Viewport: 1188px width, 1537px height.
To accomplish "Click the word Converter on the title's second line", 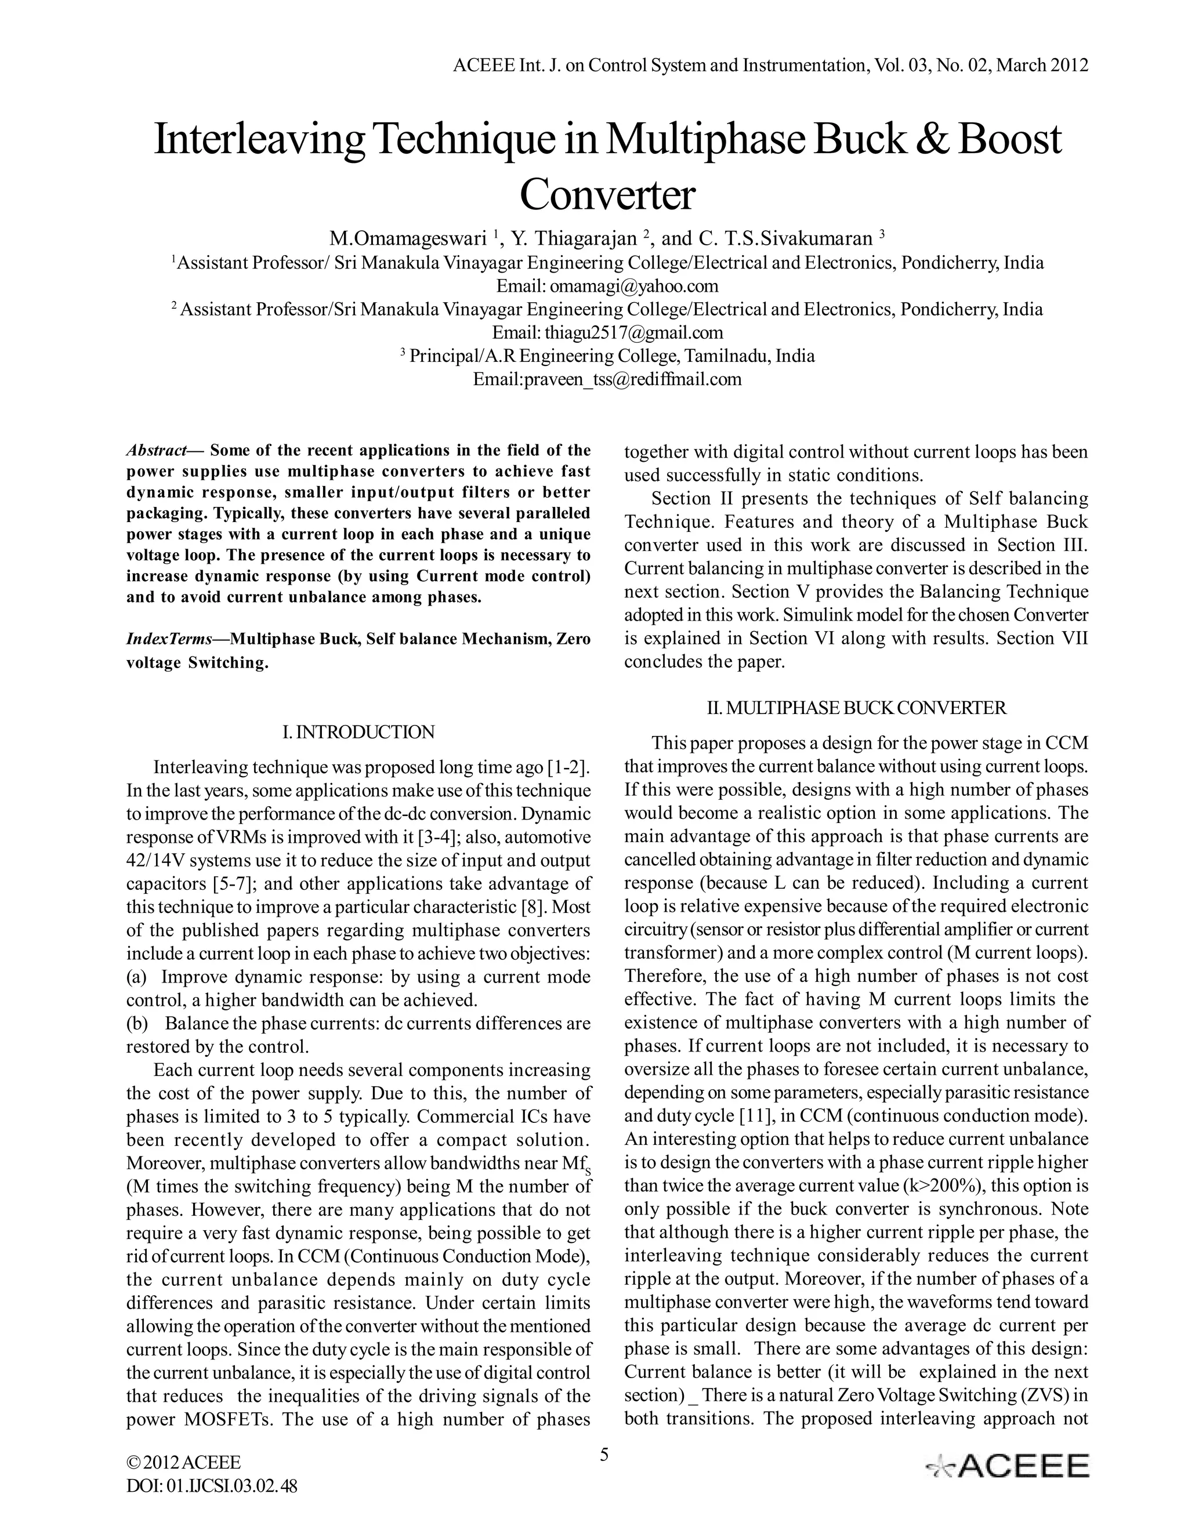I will (x=607, y=195).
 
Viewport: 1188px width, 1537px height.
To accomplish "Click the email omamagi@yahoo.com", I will (x=634, y=286).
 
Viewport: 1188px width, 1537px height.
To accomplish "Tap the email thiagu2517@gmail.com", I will (x=633, y=332).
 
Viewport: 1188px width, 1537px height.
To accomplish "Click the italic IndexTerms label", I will (x=169, y=639).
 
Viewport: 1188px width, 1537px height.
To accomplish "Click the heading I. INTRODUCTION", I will (x=358, y=733).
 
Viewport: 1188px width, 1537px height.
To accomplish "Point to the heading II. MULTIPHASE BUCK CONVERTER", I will (x=857, y=708).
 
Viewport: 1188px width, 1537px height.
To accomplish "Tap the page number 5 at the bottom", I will (x=604, y=1455).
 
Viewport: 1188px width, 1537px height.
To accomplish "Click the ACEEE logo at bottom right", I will (x=1007, y=1466).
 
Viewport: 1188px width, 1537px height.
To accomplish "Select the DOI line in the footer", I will (x=211, y=1487).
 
